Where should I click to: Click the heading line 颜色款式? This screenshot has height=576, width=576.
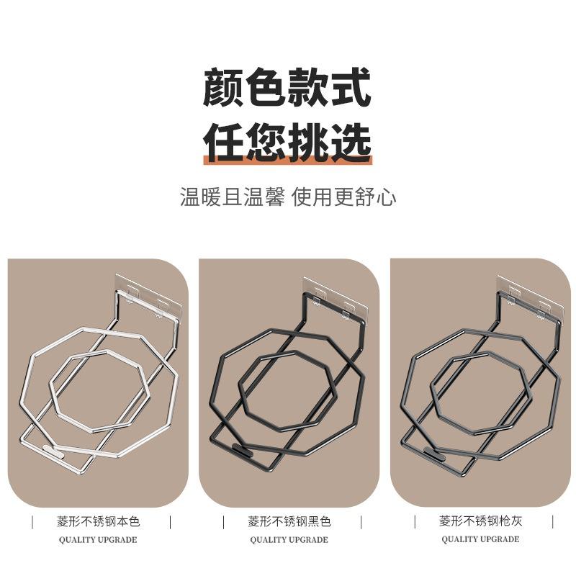click(287, 87)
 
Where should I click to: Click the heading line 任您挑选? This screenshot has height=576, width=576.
click(287, 142)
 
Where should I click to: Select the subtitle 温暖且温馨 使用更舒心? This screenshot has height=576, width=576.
click(287, 197)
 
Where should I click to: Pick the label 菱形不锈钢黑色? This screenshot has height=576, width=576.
click(289, 521)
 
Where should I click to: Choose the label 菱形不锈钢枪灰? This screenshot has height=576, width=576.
click(480, 521)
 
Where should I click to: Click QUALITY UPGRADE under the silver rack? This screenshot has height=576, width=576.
click(97, 539)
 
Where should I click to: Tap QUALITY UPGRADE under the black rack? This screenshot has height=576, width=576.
click(289, 539)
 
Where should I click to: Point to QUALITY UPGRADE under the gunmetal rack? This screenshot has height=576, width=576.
click(480, 539)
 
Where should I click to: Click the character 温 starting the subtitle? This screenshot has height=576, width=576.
click(189, 197)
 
